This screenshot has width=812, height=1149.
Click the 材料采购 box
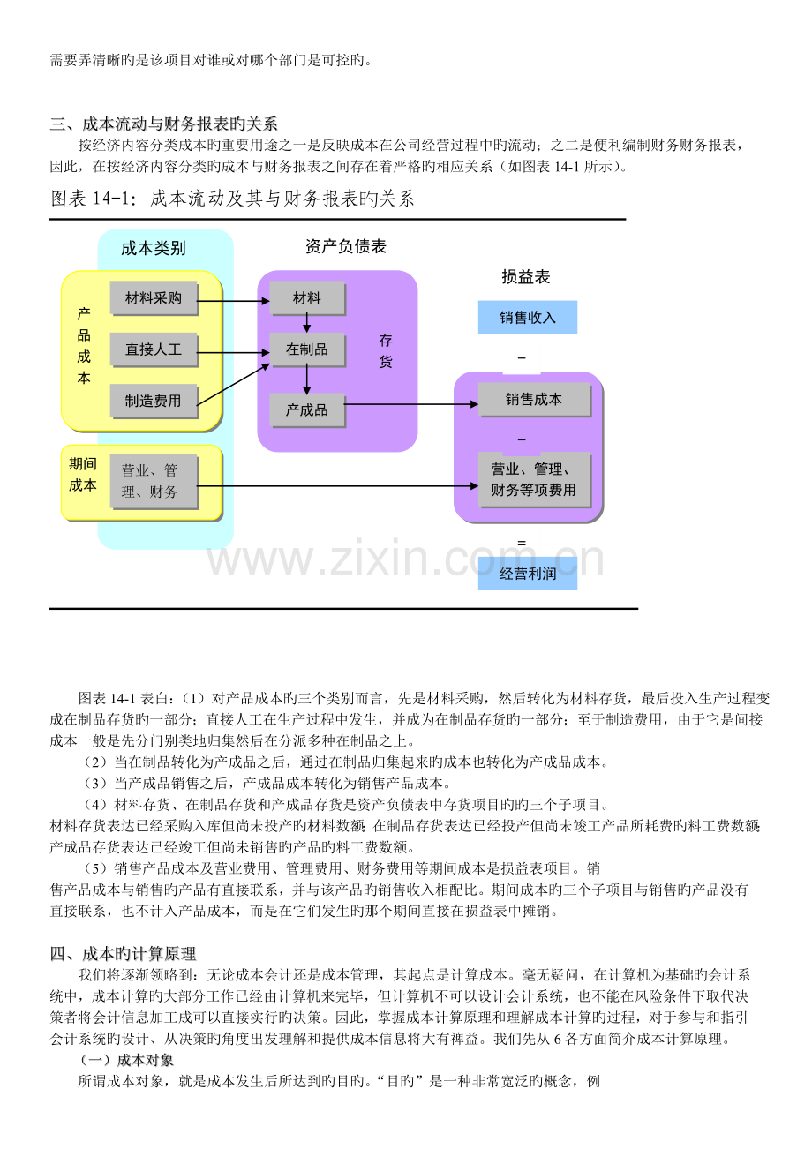154,298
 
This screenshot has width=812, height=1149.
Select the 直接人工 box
154,349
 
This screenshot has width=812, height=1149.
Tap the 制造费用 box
154,402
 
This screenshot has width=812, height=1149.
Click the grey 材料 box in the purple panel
307,298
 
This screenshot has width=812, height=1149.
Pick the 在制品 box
307,349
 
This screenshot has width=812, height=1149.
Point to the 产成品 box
307,409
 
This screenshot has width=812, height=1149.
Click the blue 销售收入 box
527,317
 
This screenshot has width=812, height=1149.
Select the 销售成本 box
534,400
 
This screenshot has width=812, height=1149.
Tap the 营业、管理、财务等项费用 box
534,479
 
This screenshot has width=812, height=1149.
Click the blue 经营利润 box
527,573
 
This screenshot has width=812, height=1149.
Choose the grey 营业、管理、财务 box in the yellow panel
154,481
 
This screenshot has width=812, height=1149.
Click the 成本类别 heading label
154,249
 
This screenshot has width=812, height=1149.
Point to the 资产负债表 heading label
346,246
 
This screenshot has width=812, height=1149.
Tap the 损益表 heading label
526,277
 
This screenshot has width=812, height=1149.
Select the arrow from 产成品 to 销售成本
411,404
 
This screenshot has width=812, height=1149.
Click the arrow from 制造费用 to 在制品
233,384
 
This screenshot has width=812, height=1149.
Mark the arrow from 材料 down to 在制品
307,323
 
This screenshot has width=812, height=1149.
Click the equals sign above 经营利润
522,542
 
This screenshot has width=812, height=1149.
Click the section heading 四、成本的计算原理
123,954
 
